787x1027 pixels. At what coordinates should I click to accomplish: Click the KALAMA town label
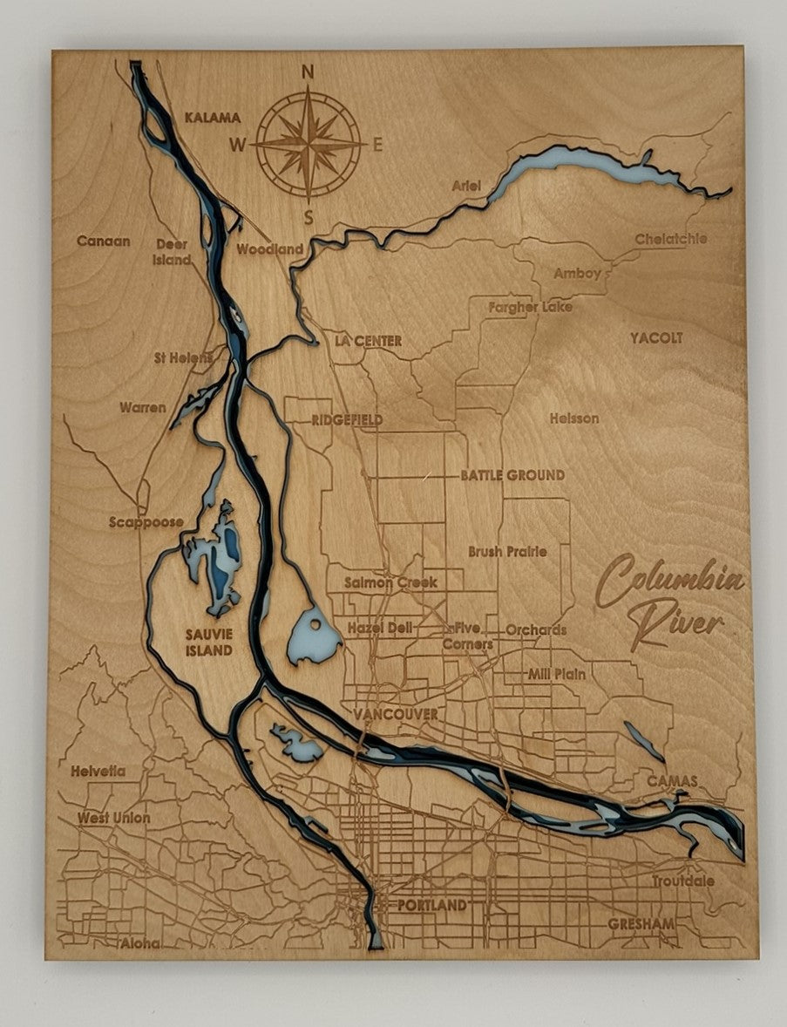212,117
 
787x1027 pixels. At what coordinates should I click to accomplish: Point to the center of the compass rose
309,145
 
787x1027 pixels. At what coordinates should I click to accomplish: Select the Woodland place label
270,249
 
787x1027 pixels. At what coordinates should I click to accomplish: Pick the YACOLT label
656,338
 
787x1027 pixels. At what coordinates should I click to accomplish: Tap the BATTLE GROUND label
512,476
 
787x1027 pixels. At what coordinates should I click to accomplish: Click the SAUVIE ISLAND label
208,643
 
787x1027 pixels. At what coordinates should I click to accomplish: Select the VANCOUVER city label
396,715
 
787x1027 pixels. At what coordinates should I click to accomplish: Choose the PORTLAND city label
431,906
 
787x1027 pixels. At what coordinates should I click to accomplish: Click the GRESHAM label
641,924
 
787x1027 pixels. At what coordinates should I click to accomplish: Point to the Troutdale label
682,881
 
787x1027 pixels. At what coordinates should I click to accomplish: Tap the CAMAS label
671,781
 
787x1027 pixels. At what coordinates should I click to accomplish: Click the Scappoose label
146,523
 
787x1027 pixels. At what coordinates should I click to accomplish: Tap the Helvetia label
98,772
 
